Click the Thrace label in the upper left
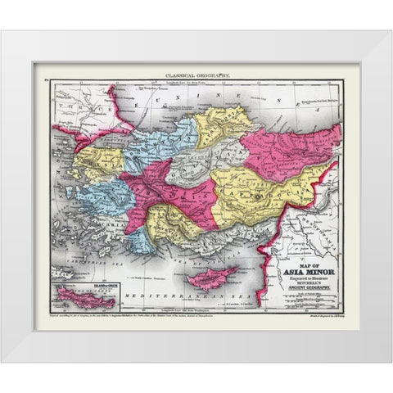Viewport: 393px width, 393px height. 67,114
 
